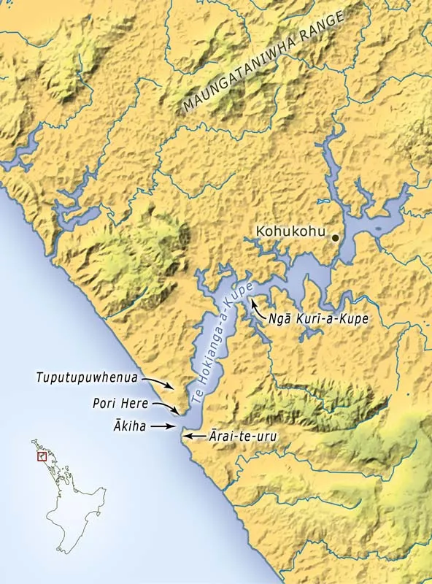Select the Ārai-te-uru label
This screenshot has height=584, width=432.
tap(236, 436)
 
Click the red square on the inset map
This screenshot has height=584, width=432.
tap(42, 456)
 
